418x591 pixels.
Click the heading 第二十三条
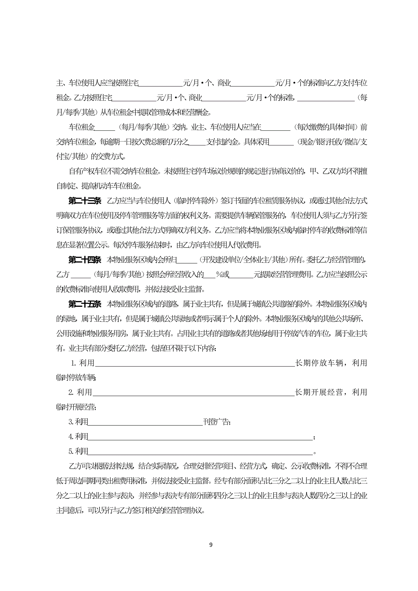(85, 201)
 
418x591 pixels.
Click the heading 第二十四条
(85, 260)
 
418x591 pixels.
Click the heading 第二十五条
(85, 304)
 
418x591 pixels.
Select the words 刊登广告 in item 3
(216, 422)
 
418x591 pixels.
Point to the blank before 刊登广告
(145, 422)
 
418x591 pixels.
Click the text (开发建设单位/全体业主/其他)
(243, 260)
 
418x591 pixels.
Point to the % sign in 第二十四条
(219, 275)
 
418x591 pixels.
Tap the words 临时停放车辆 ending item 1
(76, 378)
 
